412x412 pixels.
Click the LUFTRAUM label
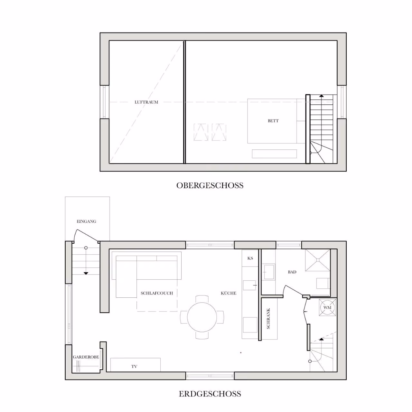(146, 102)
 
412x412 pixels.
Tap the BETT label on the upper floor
(273, 121)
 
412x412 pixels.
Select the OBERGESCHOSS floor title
(210, 185)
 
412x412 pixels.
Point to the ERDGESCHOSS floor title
(210, 394)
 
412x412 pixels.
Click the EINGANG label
(86, 221)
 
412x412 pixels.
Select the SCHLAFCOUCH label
(157, 293)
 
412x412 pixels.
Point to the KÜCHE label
(228, 293)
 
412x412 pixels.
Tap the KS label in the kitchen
(250, 258)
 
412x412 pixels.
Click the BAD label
(292, 272)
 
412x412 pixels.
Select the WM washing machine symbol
(327, 307)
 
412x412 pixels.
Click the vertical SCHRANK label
(268, 318)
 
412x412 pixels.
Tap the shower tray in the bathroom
(318, 260)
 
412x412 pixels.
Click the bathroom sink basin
(269, 272)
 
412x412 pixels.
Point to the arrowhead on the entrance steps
(86, 273)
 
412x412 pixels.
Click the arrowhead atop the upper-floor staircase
(321, 96)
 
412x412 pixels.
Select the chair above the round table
(202, 299)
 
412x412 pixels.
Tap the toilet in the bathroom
(323, 284)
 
